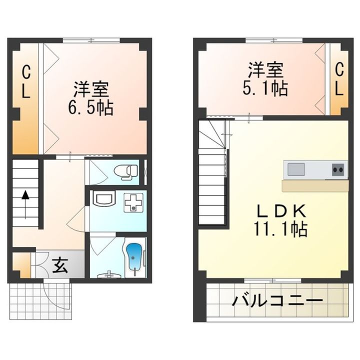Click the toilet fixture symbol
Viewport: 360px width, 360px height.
click(126, 172)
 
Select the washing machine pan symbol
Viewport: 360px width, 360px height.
click(133, 202)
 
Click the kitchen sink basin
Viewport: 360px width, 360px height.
click(296, 169)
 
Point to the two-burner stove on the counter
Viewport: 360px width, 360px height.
click(338, 169)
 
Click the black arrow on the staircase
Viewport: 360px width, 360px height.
click(25, 204)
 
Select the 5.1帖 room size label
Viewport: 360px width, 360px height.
click(265, 88)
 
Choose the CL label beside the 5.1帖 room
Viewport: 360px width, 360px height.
click(339, 79)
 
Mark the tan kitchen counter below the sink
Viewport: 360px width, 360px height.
click(315, 186)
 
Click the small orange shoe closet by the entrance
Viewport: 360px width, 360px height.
click(21, 265)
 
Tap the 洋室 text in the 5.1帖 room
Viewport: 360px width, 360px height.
click(265, 70)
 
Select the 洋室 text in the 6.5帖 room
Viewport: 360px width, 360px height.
click(91, 89)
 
